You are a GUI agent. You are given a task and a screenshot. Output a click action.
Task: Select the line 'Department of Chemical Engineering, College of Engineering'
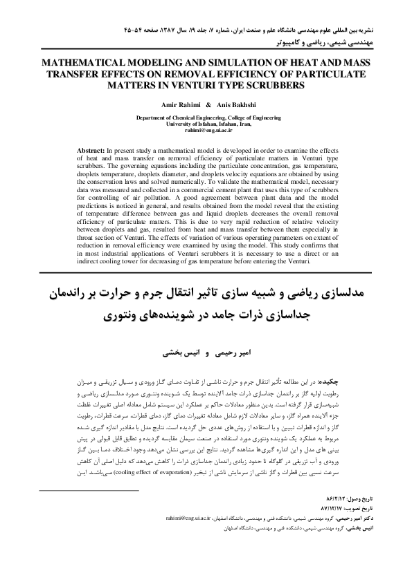pos(206,118)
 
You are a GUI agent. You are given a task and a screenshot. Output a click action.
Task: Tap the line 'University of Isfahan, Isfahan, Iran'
pos(206,124)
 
